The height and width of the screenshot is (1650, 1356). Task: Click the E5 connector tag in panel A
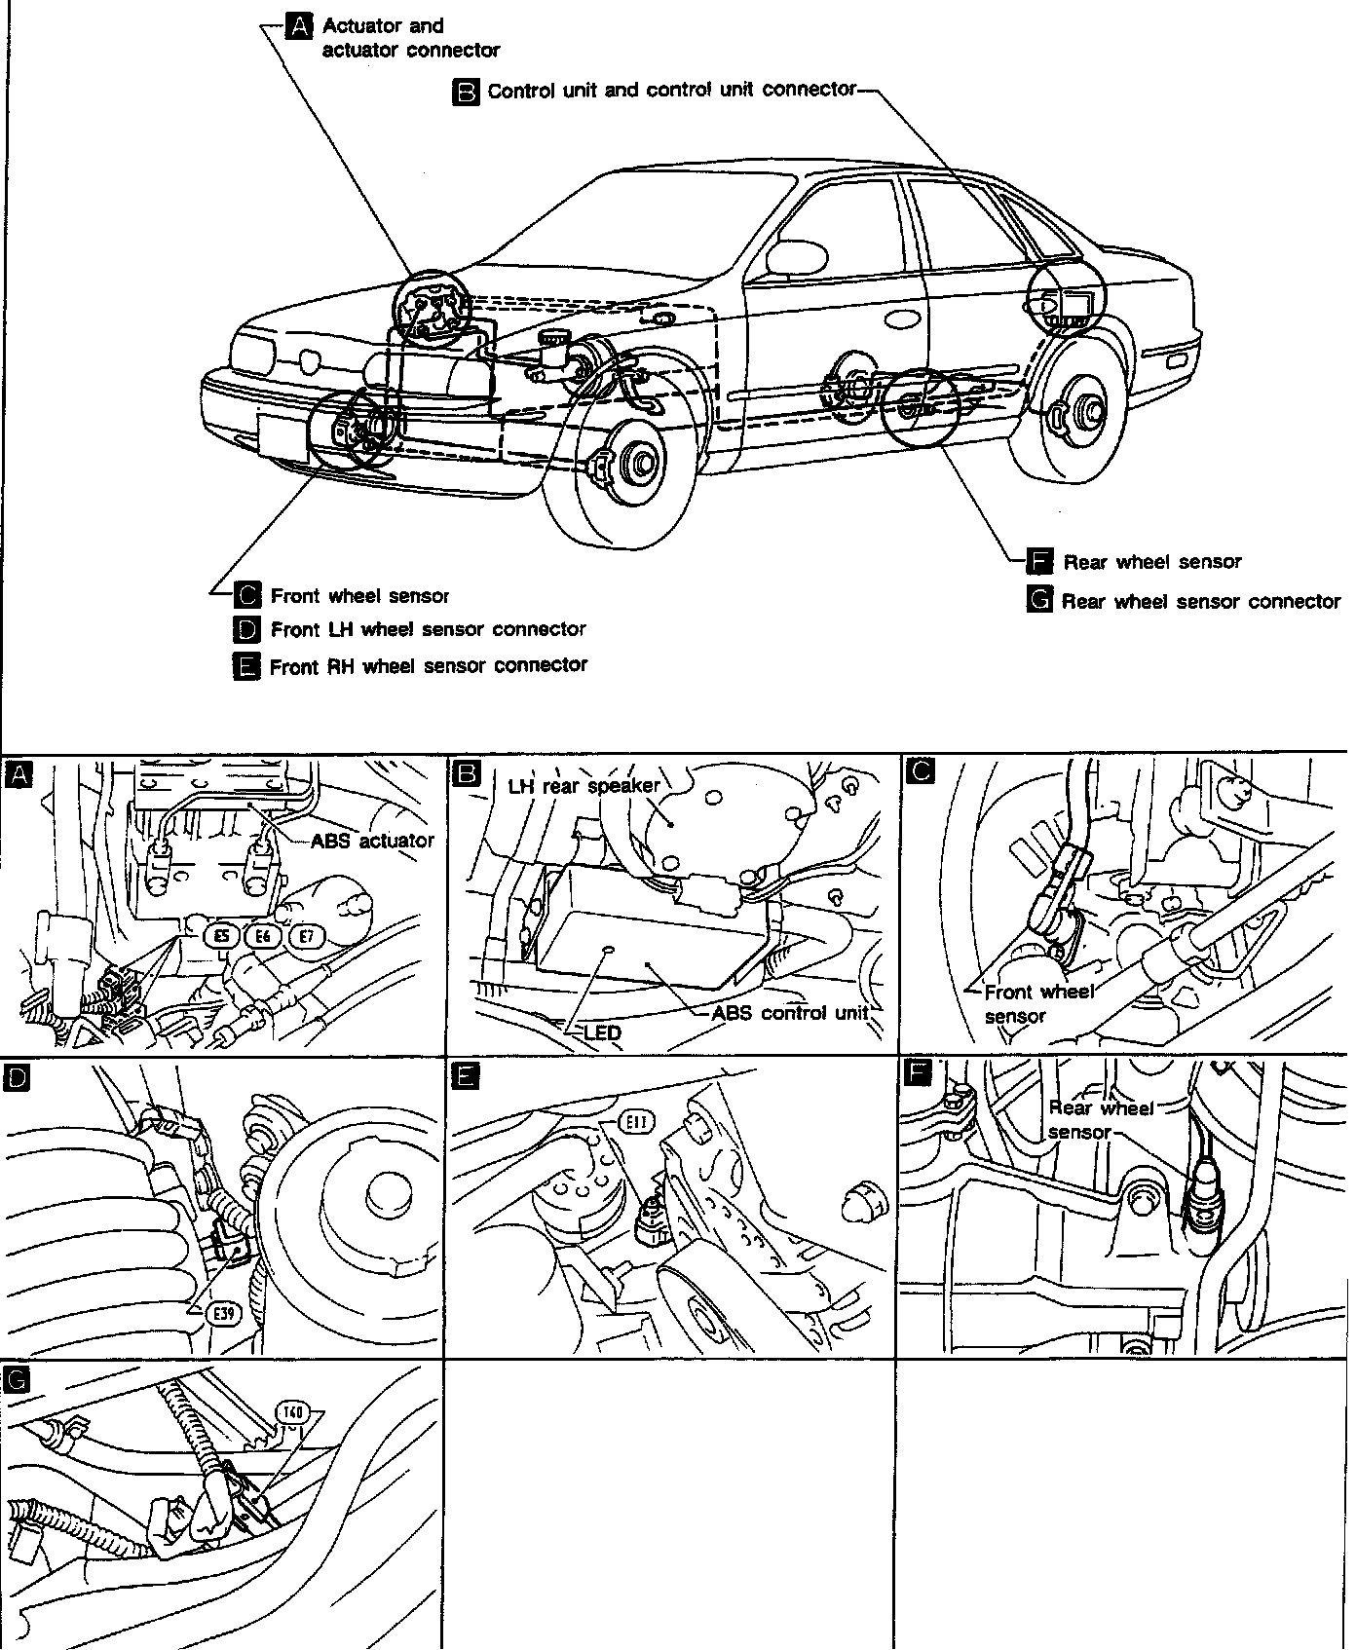[223, 936]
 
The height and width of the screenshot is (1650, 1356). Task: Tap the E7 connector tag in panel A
[308, 936]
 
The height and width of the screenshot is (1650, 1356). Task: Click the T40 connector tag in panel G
[293, 1411]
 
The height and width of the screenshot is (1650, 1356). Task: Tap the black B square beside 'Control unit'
[468, 92]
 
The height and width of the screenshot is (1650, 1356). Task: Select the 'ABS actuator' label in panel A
[373, 840]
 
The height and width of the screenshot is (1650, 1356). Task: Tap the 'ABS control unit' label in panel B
[789, 1012]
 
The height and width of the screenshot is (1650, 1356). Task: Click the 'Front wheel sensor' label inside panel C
[1038, 1003]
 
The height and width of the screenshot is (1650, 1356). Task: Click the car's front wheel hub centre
[642, 462]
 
